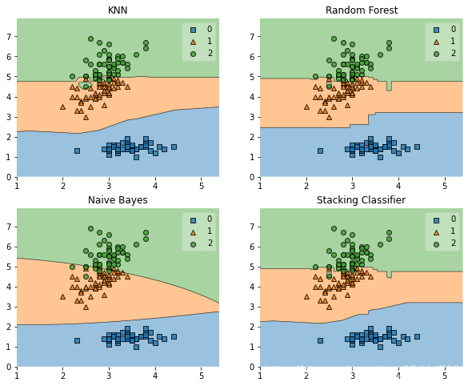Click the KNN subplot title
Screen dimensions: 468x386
[x=118, y=10]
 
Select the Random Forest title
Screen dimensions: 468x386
[x=362, y=10]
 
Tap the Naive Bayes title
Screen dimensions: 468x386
[x=118, y=200]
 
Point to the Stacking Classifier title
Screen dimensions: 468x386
[x=361, y=200]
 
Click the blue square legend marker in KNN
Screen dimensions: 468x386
[x=193, y=30]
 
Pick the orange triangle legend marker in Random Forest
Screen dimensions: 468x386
[x=436, y=42]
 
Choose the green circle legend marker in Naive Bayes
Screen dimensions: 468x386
[x=193, y=244]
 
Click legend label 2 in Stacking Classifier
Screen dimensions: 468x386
[x=454, y=243]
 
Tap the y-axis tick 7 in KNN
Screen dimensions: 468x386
[x=9, y=37]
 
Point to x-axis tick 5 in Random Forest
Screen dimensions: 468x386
[x=445, y=186]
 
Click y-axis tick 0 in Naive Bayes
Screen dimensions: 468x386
[x=9, y=367]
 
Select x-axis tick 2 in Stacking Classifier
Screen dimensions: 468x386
[x=306, y=376]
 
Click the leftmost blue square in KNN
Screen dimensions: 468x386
[x=77, y=151]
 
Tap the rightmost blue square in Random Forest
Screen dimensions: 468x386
[x=418, y=147]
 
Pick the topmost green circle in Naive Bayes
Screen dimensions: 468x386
[x=90, y=228]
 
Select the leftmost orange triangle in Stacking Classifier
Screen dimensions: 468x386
[x=306, y=296]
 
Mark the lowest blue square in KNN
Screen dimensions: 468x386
[x=137, y=157]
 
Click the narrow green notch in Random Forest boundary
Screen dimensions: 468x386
[x=389, y=86]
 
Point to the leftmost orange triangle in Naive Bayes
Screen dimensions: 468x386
[x=62, y=296]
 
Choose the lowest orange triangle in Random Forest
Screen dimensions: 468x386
[x=330, y=118]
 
